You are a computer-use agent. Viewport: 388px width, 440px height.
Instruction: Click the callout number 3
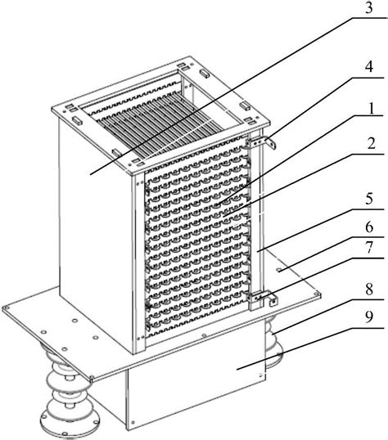[368, 7]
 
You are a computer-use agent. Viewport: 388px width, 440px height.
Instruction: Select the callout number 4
[369, 67]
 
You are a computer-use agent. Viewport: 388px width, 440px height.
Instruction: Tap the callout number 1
[372, 108]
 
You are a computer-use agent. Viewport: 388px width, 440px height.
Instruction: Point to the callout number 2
[371, 143]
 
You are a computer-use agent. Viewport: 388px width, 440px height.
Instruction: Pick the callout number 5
[369, 199]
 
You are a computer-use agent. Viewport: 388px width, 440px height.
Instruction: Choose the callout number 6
[369, 227]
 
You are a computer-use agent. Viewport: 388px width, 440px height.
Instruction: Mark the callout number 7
[369, 248]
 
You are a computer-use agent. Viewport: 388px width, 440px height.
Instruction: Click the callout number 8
[369, 289]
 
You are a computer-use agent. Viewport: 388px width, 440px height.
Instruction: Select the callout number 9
[369, 317]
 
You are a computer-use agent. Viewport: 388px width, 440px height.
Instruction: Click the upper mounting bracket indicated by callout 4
[261, 142]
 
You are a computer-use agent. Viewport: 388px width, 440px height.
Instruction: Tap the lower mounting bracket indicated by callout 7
[262, 298]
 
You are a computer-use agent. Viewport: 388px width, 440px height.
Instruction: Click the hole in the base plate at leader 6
[278, 270]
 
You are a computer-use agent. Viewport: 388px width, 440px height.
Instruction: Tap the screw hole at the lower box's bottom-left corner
[133, 422]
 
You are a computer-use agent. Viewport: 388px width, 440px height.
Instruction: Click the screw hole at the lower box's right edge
[261, 375]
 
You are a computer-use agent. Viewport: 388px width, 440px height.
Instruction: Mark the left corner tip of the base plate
[2, 308]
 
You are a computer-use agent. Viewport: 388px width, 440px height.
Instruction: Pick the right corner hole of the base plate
[318, 294]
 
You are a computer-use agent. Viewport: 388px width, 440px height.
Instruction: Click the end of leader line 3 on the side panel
[91, 174]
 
